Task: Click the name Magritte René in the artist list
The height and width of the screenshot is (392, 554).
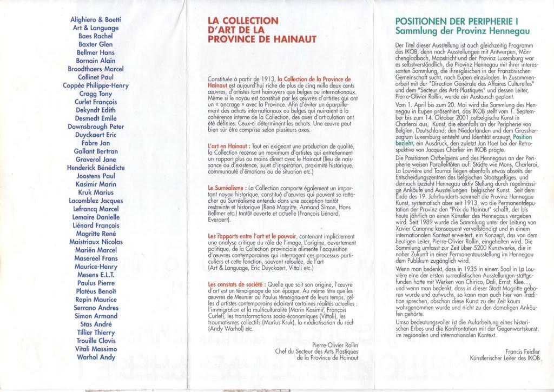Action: (x=96, y=234)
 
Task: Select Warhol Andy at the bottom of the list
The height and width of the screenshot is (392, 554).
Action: (x=96, y=357)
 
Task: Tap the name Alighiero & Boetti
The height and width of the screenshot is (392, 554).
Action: (x=96, y=19)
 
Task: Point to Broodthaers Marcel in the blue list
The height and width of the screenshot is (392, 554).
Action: (x=96, y=69)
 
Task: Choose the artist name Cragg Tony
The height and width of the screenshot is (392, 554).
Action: (x=96, y=94)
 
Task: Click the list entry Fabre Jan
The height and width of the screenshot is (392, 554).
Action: (x=96, y=143)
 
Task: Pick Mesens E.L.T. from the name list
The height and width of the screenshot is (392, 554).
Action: (x=96, y=275)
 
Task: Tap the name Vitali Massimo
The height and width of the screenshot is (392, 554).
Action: (x=96, y=349)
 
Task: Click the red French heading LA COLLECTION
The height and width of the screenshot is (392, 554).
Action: (x=243, y=21)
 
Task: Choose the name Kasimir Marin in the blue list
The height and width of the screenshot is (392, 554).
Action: (x=96, y=184)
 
